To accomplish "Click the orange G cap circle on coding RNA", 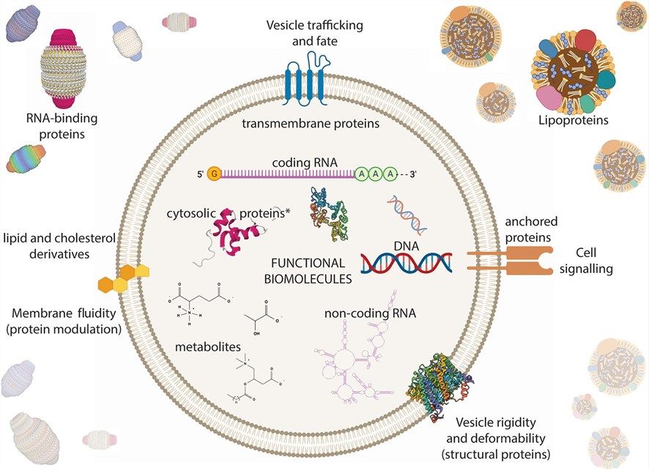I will click(214, 174).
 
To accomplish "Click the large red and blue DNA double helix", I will click(407, 261).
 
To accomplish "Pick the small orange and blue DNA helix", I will click(408, 212).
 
